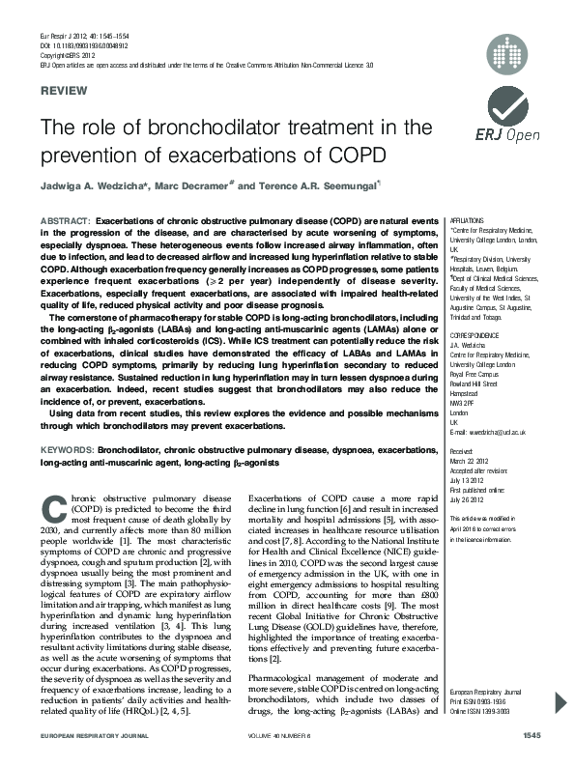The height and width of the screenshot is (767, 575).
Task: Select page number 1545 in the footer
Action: coord(531,762)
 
